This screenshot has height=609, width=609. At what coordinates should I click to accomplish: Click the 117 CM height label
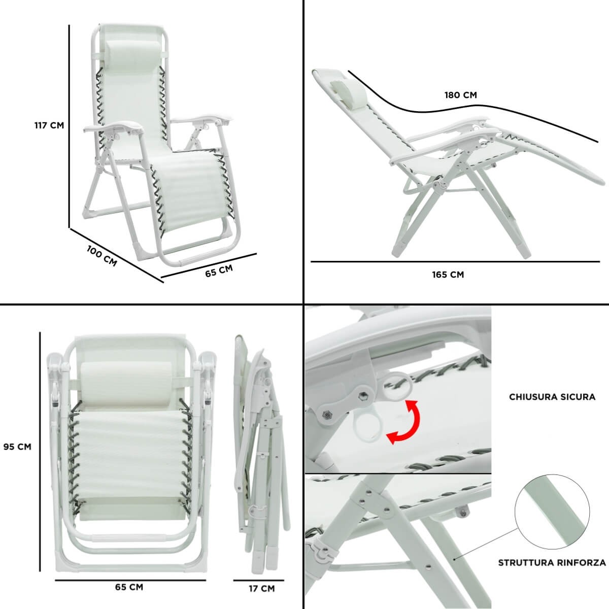tap(49, 125)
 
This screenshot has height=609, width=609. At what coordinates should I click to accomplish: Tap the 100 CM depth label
tap(102, 256)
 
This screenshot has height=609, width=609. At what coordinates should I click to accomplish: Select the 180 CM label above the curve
tap(460, 95)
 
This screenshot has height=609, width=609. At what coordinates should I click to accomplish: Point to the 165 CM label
tap(448, 275)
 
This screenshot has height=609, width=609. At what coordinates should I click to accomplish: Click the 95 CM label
tap(17, 447)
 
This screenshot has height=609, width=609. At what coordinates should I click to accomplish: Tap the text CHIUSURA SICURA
tap(552, 397)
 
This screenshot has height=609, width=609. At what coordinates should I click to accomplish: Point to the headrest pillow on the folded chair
tap(126, 384)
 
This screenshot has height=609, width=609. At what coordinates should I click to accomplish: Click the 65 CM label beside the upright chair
tap(219, 271)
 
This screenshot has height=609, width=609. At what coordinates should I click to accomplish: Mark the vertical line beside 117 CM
tap(69, 126)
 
